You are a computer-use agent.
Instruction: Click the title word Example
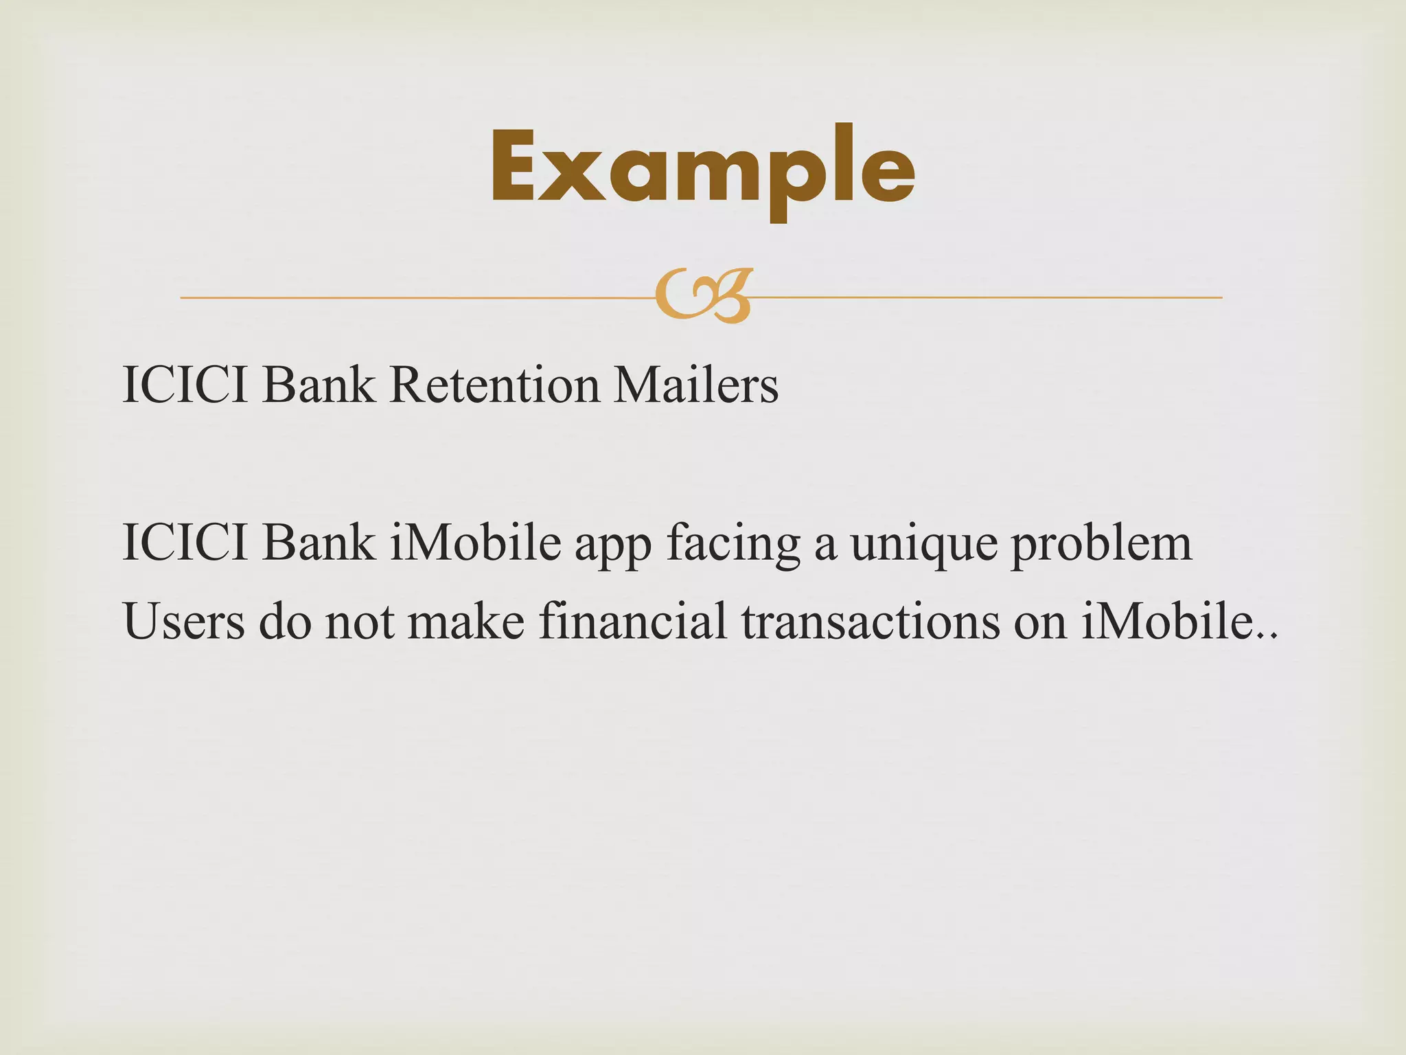coord(702,168)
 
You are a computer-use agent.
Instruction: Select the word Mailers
coord(695,385)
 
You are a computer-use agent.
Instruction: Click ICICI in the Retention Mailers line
coord(185,385)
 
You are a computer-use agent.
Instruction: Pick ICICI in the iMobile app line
coord(185,543)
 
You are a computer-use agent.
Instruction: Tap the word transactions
coord(870,622)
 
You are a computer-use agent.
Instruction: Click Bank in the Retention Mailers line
coord(319,385)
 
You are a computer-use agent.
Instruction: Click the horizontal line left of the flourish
coord(412,297)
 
